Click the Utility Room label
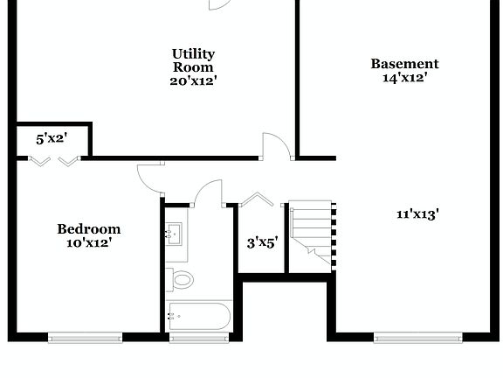tap(193, 60)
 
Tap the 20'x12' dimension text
tap(193, 80)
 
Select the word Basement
tap(404, 64)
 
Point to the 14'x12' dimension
tap(404, 77)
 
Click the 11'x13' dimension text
tap(417, 213)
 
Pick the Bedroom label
tap(88, 229)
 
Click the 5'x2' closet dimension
tap(51, 138)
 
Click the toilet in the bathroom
tap(183, 280)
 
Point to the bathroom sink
tap(175, 233)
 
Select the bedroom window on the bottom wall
tap(85, 337)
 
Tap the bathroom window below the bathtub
tap(199, 337)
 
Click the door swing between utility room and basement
tap(277, 145)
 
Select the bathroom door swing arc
tap(210, 192)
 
